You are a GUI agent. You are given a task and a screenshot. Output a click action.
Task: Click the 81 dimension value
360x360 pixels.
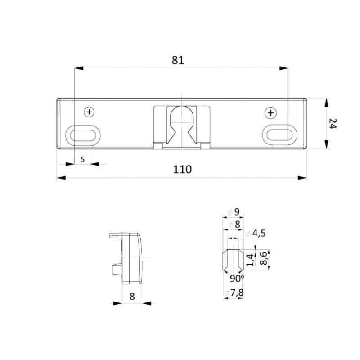tap(178, 60)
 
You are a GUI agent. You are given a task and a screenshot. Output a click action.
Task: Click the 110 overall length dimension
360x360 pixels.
tap(183, 169)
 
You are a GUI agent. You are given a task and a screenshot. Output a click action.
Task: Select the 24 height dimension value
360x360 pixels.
tap(333, 123)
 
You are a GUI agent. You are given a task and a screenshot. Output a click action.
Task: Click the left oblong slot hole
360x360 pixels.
tap(82, 134)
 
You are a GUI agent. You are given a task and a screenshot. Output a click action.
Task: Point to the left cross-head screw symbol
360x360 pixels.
tap(90, 112)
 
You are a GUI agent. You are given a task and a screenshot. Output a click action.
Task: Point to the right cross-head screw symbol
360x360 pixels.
tap(271, 112)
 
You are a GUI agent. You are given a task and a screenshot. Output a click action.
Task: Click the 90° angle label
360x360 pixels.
tap(236, 279)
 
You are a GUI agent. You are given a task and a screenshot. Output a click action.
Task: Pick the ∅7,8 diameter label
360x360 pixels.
tap(235, 294)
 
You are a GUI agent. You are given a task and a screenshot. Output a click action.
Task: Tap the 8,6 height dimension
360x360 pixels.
tap(265, 258)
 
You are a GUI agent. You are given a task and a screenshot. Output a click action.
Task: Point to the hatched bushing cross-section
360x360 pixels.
tap(233, 260)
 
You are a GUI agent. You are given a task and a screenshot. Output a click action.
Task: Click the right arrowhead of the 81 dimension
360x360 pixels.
tap(284, 68)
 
